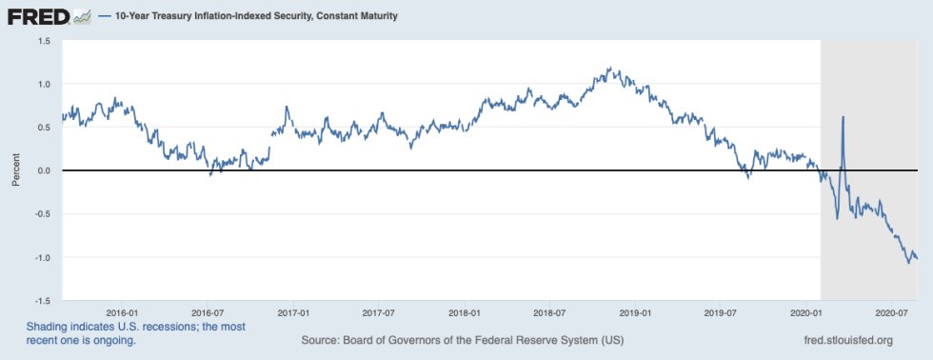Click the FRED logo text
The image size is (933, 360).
coord(36,16)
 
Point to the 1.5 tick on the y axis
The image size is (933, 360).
coord(45,41)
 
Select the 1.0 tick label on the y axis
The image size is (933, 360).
coord(45,84)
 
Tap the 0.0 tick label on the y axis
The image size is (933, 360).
coord(45,170)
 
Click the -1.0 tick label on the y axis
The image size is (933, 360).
coord(43,257)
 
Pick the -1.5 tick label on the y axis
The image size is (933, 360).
coord(43,300)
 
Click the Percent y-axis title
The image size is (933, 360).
coord(15,170)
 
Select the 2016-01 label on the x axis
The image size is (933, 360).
coord(123,311)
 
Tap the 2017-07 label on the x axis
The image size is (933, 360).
coord(379,311)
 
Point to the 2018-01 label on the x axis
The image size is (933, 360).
coord(465,311)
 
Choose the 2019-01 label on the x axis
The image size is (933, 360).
coord(635,311)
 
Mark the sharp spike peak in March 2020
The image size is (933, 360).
coord(843,117)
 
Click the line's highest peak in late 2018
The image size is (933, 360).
coord(608,69)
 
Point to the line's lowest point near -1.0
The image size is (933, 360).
coord(909,262)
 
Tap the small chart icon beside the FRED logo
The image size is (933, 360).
coord(83,16)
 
